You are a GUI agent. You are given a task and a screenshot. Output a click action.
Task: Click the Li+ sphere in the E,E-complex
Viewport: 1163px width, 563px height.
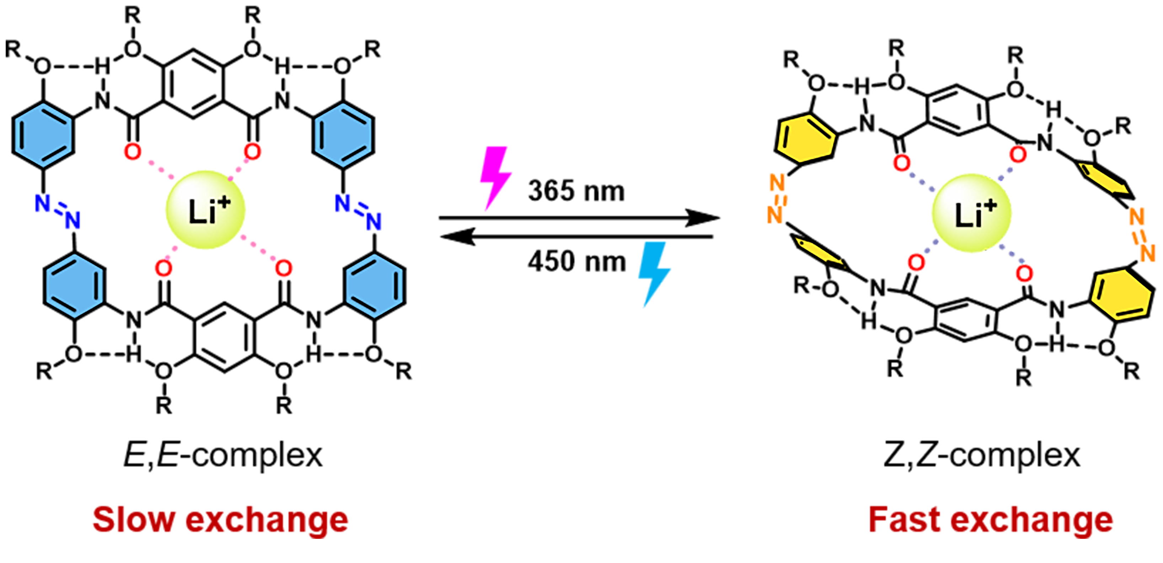point(206,210)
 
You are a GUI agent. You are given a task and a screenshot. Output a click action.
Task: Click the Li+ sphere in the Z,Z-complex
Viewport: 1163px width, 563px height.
point(971,213)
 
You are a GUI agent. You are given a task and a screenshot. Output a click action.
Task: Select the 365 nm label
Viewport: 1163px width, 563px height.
point(577,191)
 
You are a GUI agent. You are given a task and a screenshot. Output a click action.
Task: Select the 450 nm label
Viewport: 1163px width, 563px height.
point(577,262)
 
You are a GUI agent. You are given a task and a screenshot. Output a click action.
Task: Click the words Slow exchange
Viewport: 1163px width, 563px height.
point(220,520)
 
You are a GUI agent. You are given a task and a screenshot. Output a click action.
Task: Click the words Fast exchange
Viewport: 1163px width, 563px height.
point(991,520)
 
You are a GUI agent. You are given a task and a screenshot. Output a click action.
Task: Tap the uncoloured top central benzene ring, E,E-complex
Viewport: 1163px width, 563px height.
point(193,84)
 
